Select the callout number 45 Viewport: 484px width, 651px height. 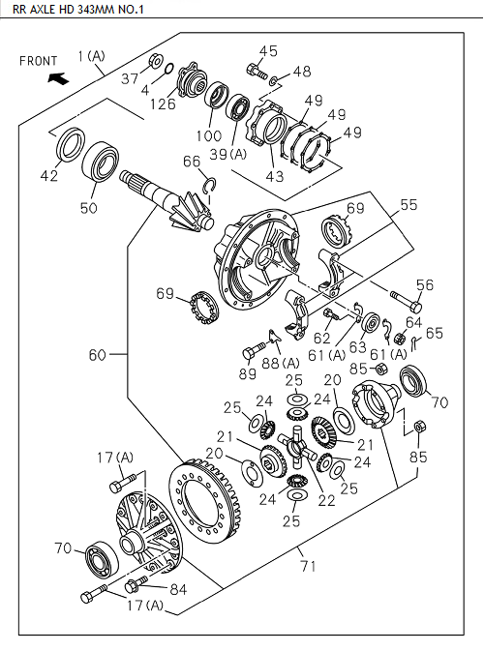[x=267, y=50]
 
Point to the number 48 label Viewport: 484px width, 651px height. [x=302, y=71]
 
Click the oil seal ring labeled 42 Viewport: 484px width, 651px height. [x=71, y=146]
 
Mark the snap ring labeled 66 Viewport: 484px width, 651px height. [x=209, y=183]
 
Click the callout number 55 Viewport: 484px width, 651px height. [x=409, y=206]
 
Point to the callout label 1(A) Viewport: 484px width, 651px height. [x=92, y=56]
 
